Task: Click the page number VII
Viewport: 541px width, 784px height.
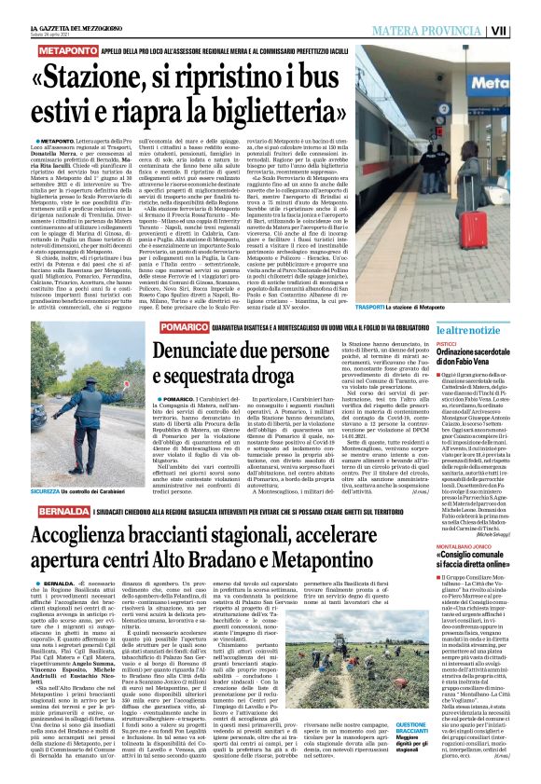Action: click(x=526, y=7)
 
